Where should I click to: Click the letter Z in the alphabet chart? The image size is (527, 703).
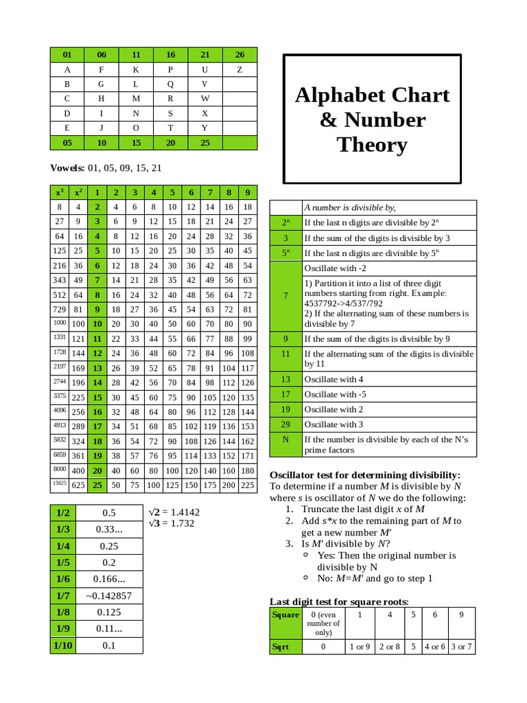(x=239, y=69)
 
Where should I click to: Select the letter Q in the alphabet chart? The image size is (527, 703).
(x=170, y=84)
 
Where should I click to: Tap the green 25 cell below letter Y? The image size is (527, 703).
(x=204, y=143)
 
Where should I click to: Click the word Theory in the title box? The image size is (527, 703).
(x=372, y=145)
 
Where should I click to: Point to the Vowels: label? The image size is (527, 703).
(x=67, y=168)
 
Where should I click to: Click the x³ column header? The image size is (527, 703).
(x=60, y=192)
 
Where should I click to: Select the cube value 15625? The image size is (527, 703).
(x=60, y=483)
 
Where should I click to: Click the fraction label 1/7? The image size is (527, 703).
(x=63, y=596)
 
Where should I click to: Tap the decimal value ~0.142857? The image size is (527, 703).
(x=109, y=596)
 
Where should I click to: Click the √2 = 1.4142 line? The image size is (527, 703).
(x=174, y=512)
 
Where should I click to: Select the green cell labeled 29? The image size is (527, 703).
(x=285, y=424)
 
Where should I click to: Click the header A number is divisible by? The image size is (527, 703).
(x=350, y=207)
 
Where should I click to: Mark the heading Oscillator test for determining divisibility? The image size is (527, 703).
(x=364, y=475)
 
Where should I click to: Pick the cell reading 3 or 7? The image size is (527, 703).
(x=461, y=647)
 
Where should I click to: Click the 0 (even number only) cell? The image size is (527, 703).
(x=323, y=623)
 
